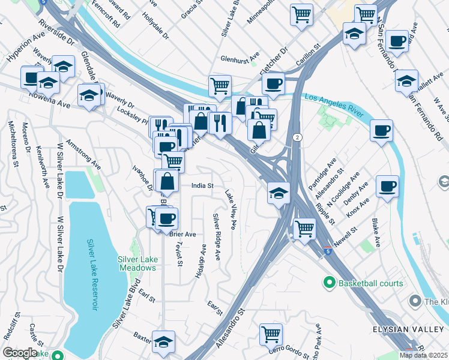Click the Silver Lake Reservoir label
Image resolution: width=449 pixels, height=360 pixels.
click(x=92, y=274)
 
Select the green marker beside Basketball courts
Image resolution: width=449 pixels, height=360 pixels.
click(x=329, y=282)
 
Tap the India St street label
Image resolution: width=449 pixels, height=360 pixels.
click(x=202, y=186)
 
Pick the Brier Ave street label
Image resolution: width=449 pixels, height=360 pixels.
click(x=182, y=234)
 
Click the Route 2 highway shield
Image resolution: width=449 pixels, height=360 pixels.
click(x=297, y=137)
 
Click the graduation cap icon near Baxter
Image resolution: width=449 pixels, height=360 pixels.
click(x=163, y=341)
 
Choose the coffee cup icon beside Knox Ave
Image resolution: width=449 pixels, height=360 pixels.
click(x=388, y=185)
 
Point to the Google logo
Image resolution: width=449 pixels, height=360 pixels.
click(x=20, y=353)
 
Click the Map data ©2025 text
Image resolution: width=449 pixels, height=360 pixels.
click(x=423, y=355)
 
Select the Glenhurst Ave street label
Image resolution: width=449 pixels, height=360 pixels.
click(x=240, y=56)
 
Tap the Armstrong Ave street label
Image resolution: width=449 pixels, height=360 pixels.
click(x=83, y=152)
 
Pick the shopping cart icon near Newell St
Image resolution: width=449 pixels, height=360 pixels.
click(x=304, y=227)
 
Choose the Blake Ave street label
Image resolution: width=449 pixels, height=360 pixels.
click(x=376, y=232)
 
